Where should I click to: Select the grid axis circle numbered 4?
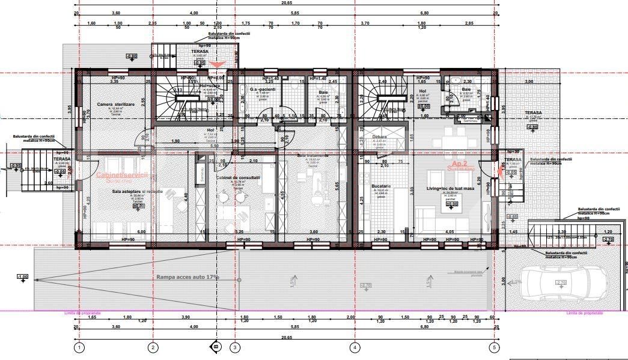(x=355, y=347)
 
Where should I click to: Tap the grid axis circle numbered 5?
(x=494, y=347)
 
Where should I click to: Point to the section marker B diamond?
(x=215, y=346)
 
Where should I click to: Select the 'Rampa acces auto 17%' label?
(x=187, y=277)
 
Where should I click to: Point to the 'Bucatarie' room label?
(x=381, y=186)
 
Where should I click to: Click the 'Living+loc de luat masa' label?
(x=447, y=189)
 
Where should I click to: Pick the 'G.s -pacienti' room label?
(x=263, y=89)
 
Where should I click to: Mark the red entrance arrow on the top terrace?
(x=218, y=64)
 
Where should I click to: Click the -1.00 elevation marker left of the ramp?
(x=23, y=276)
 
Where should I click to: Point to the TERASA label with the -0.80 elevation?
(x=532, y=113)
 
